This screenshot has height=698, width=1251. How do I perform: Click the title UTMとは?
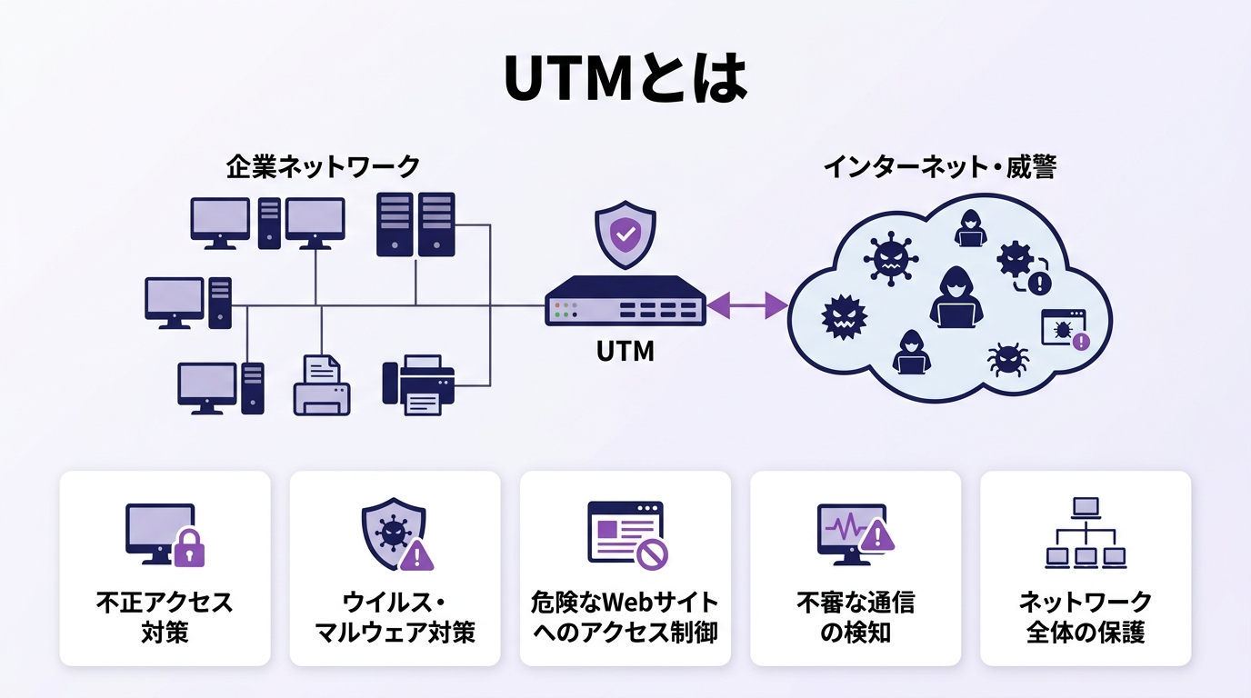(625, 80)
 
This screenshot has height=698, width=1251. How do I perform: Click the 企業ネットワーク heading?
(323, 167)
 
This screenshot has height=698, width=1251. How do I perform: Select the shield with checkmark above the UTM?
(625, 235)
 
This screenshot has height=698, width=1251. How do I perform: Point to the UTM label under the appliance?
(625, 351)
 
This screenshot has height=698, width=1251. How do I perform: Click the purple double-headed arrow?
(747, 305)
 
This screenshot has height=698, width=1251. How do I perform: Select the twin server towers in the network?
(415, 224)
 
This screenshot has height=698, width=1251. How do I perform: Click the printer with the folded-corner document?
(322, 385)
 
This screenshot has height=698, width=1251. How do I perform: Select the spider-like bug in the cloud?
(1007, 358)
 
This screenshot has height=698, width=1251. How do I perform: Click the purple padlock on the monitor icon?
(188, 547)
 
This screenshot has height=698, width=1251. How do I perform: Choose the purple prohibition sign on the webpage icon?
(652, 552)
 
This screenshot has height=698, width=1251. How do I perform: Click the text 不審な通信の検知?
(855, 617)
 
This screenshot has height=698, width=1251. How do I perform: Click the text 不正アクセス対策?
(165, 617)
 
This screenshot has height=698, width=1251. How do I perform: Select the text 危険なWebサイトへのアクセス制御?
(625, 617)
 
